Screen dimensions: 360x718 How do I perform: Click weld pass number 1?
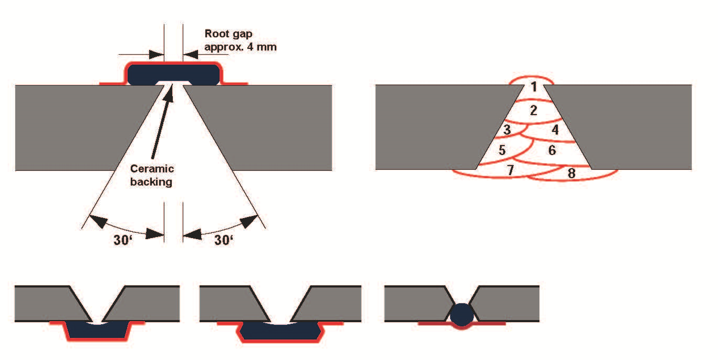534,87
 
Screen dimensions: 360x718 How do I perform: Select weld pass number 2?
534,111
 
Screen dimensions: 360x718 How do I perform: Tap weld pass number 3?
507,130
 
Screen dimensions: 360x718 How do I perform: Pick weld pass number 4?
555,130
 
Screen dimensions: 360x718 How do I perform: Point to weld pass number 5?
502,150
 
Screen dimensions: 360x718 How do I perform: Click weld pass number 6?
551,150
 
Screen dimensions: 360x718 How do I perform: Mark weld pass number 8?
571,173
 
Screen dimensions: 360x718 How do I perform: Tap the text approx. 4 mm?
241,47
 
